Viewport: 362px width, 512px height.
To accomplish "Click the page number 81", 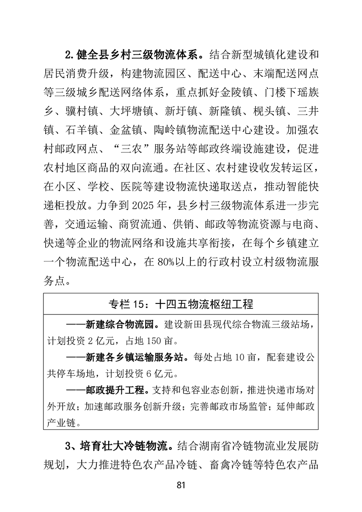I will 181,485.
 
